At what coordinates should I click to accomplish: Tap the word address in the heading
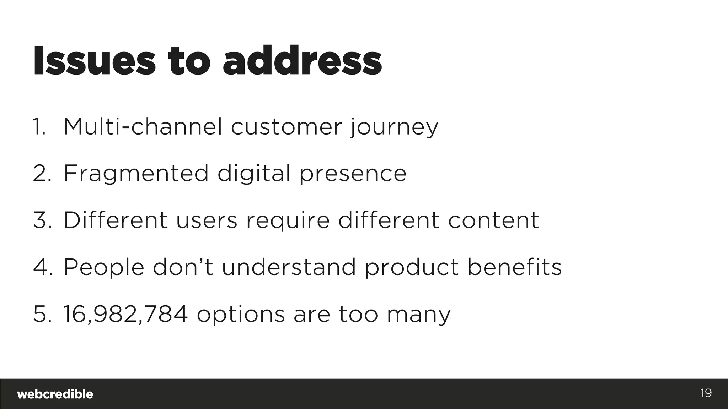[302, 61]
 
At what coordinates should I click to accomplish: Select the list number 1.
[39, 127]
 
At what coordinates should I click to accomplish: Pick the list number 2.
[42, 174]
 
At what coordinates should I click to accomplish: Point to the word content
[493, 220]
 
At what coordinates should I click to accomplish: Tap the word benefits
[514, 267]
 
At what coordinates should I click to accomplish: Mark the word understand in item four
[289, 267]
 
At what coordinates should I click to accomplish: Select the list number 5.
[42, 314]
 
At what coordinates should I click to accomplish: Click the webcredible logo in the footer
[55, 394]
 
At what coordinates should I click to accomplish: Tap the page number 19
[706, 393]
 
